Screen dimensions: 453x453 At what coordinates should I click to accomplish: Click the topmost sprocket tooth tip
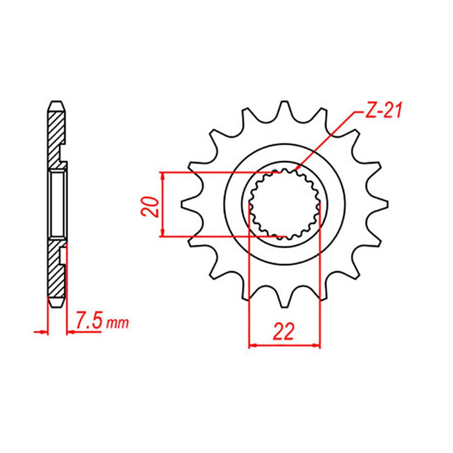(284, 102)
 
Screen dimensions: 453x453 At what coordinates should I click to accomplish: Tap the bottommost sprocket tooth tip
(284, 306)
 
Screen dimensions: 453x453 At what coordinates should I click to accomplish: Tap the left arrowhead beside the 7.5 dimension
(42, 332)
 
